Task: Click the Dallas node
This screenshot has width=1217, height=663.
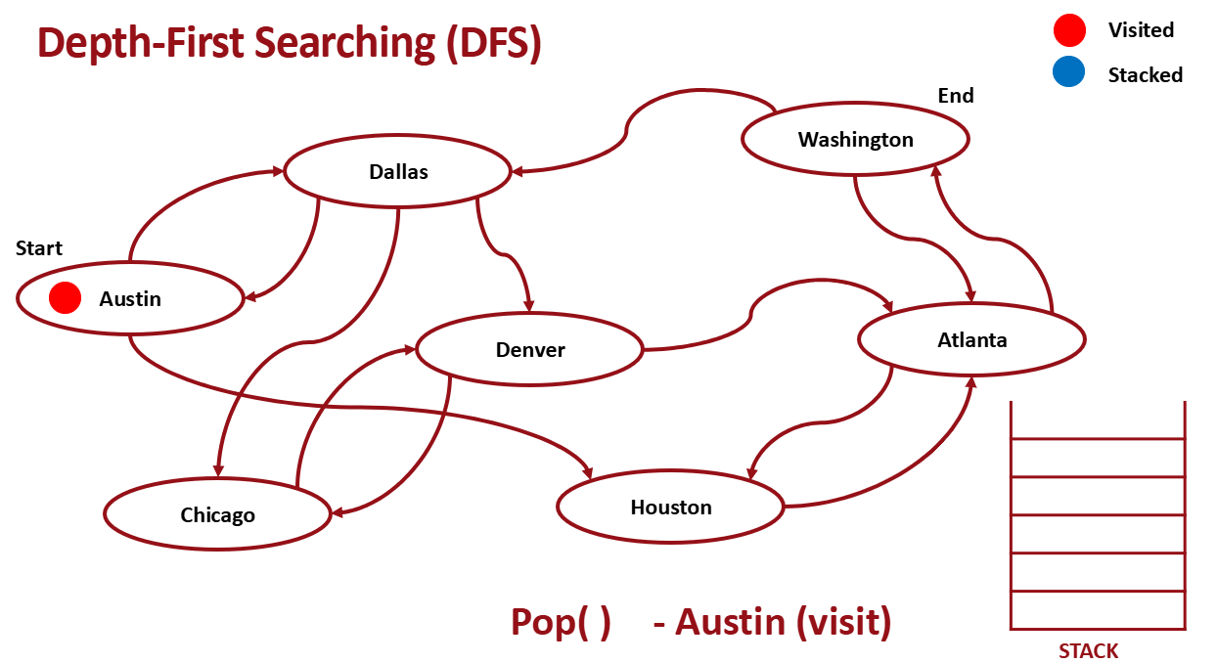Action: (x=398, y=172)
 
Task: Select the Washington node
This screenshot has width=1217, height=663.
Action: (x=855, y=139)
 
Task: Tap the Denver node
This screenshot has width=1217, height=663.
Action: (x=530, y=349)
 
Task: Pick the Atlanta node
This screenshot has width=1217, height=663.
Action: (x=971, y=339)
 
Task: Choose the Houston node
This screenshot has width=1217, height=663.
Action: (x=670, y=507)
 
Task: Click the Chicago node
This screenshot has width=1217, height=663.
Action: (x=217, y=514)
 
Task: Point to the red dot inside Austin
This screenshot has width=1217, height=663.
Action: (x=65, y=298)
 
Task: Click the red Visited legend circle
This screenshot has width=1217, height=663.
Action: (x=1069, y=30)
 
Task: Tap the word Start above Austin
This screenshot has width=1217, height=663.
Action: (x=39, y=248)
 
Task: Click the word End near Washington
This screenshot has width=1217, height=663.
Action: (x=956, y=95)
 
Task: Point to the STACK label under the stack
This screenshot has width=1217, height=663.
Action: (x=1088, y=651)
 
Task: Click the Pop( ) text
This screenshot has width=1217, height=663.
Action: (x=560, y=622)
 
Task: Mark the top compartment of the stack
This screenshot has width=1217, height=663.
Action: (x=1098, y=420)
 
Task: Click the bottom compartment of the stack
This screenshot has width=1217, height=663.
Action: (x=1098, y=610)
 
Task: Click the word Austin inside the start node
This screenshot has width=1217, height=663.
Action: (x=130, y=299)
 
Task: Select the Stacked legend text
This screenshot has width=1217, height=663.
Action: (x=1145, y=75)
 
